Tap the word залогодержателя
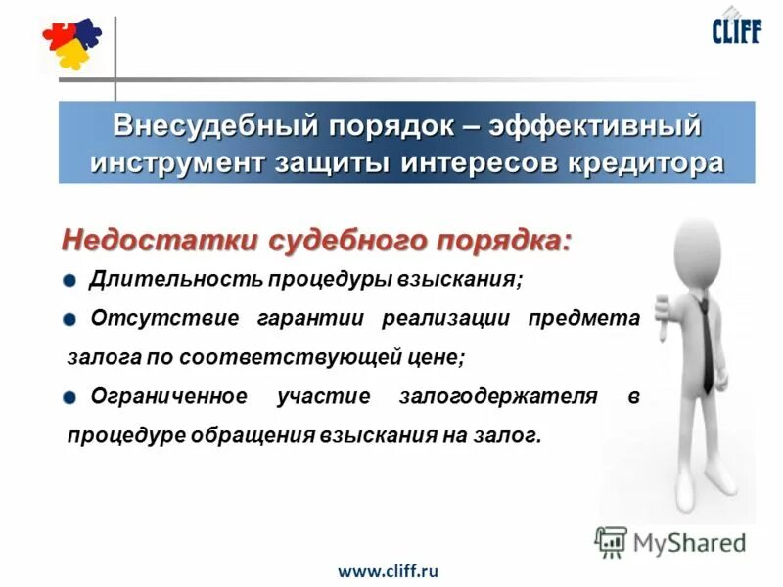click(x=498, y=396)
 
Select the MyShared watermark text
click(x=686, y=542)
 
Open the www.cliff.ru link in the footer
click(x=388, y=569)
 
